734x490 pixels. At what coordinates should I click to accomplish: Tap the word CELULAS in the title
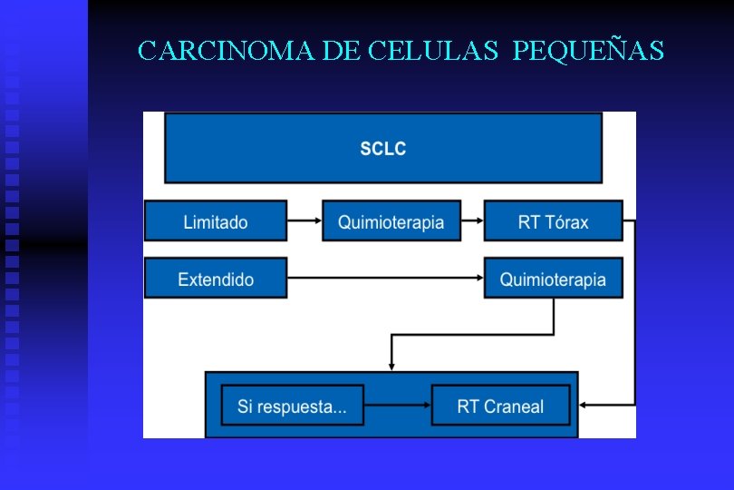click(x=433, y=51)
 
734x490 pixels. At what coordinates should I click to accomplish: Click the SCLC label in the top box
click(x=382, y=149)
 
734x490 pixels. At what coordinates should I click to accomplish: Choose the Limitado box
click(x=216, y=221)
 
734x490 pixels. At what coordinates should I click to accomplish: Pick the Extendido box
click(x=216, y=279)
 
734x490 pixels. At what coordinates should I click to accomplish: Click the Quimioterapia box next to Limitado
click(x=391, y=221)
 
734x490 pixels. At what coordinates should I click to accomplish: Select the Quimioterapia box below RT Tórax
click(x=553, y=279)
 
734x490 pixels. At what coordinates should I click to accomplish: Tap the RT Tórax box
click(x=553, y=221)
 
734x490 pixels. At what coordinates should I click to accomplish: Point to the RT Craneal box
click(x=500, y=406)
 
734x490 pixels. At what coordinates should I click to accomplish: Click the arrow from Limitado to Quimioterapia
click(x=304, y=221)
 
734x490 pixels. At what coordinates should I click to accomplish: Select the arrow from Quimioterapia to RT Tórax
click(x=472, y=221)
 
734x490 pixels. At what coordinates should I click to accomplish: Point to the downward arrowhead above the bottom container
click(x=391, y=364)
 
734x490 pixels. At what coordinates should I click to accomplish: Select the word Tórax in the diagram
click(x=566, y=221)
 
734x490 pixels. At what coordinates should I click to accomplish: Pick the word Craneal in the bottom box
click(x=513, y=406)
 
